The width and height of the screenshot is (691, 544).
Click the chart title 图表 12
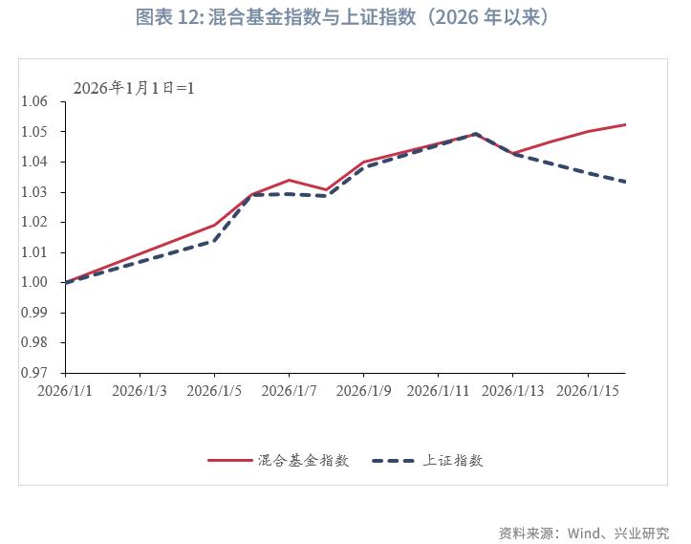pyautogui.click(x=345, y=18)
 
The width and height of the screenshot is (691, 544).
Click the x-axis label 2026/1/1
pyautogui.click(x=65, y=391)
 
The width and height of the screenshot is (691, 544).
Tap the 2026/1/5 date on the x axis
pyautogui.click(x=214, y=391)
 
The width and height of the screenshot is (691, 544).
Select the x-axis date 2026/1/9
pyautogui.click(x=363, y=391)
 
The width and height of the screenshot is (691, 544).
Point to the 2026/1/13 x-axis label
pyautogui.click(x=512, y=391)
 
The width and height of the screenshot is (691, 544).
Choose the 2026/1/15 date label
pyautogui.click(x=587, y=391)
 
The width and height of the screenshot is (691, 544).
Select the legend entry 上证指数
pyautogui.click(x=454, y=460)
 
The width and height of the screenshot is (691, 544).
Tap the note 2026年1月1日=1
pyautogui.click(x=134, y=87)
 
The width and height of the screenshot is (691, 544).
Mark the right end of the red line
pyautogui.click(x=625, y=124)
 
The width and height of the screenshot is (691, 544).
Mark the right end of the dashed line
pyautogui.click(x=625, y=182)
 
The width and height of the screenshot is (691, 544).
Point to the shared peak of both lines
pyautogui.click(x=475, y=134)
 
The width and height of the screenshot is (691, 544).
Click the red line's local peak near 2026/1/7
pyautogui.click(x=289, y=180)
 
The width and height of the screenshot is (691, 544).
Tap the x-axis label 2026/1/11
pyautogui.click(x=438, y=391)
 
